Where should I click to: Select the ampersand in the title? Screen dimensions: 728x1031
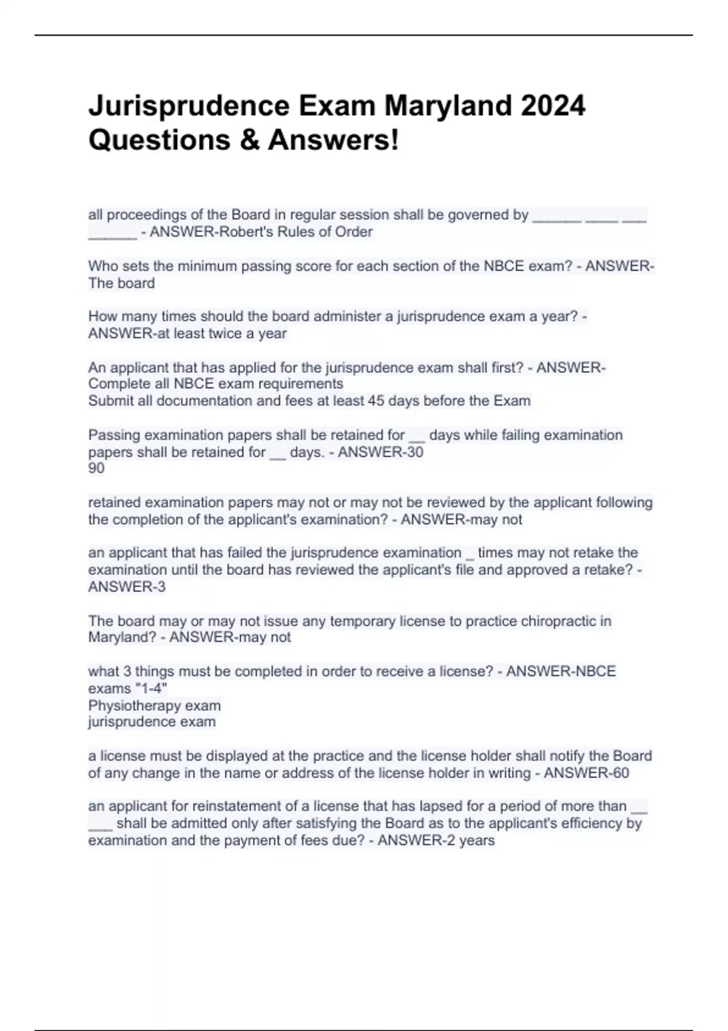point(249,140)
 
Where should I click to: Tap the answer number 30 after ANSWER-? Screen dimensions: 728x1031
point(415,452)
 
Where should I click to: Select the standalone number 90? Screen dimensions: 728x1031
point(96,468)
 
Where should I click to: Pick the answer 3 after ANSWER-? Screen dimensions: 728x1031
point(161,587)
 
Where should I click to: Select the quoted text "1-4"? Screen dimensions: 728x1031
point(151,689)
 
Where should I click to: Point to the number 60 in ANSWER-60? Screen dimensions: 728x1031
point(621,773)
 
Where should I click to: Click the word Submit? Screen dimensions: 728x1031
point(109,401)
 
